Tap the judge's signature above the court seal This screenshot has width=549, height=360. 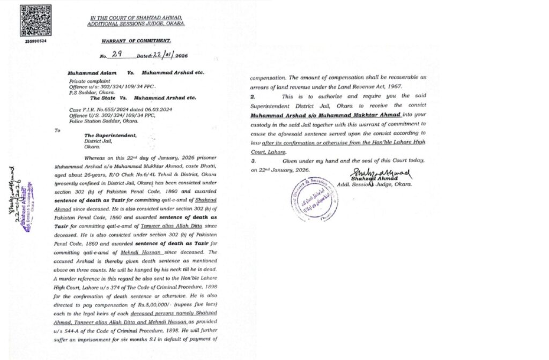pyautogui.click(x=381, y=174)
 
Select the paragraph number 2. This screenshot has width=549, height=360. pyautogui.click(x=253, y=96)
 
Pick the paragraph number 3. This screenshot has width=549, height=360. pyautogui.click(x=253, y=161)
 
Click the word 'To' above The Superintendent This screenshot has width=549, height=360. pyautogui.click(x=58, y=130)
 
